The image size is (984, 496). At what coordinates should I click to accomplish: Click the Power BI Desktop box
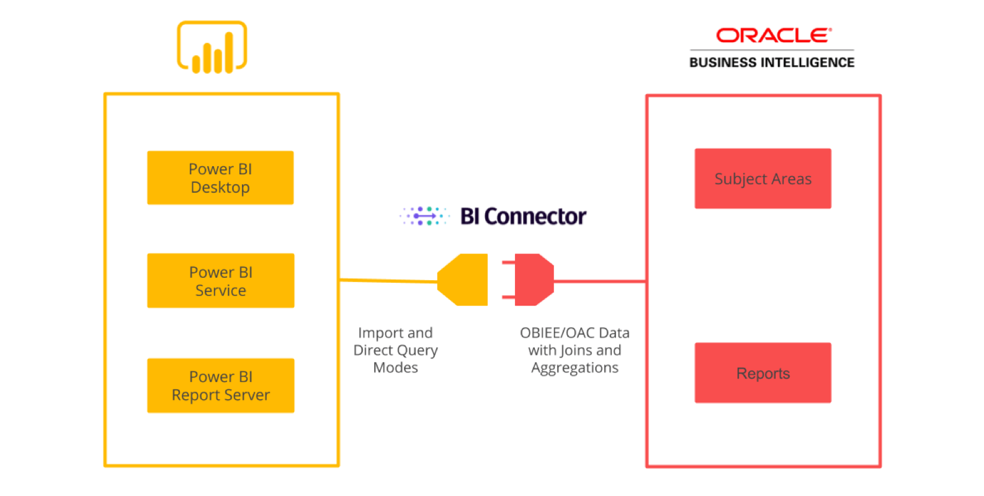pyautogui.click(x=220, y=177)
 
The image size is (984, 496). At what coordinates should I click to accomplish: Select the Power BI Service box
pyautogui.click(x=220, y=280)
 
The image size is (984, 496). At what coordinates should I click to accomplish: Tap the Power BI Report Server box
pyautogui.click(x=220, y=385)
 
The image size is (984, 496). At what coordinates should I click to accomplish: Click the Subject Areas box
pyautogui.click(x=763, y=179)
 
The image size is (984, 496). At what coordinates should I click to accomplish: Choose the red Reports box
pyautogui.click(x=763, y=373)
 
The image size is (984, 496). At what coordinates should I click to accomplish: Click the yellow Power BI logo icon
pyautogui.click(x=212, y=47)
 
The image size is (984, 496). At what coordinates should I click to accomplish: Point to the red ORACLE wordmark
pyautogui.click(x=773, y=35)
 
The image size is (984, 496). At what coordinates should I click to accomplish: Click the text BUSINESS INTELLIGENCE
pyautogui.click(x=772, y=63)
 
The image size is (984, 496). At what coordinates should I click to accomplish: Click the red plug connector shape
pyautogui.click(x=531, y=280)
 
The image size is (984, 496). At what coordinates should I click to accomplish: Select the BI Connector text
pyautogui.click(x=522, y=216)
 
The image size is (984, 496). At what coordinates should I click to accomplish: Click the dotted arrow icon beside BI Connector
pyautogui.click(x=424, y=216)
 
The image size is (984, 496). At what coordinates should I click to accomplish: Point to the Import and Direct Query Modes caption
pyautogui.click(x=395, y=350)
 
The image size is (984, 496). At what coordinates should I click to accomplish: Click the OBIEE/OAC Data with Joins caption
pyautogui.click(x=575, y=342)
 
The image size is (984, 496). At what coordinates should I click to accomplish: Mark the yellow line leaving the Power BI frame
pyautogui.click(x=388, y=281)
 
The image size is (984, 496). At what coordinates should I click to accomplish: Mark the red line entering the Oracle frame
pyautogui.click(x=599, y=281)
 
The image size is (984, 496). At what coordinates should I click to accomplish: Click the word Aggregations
pyautogui.click(x=575, y=368)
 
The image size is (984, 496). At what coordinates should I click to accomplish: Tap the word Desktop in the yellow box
pyautogui.click(x=220, y=187)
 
